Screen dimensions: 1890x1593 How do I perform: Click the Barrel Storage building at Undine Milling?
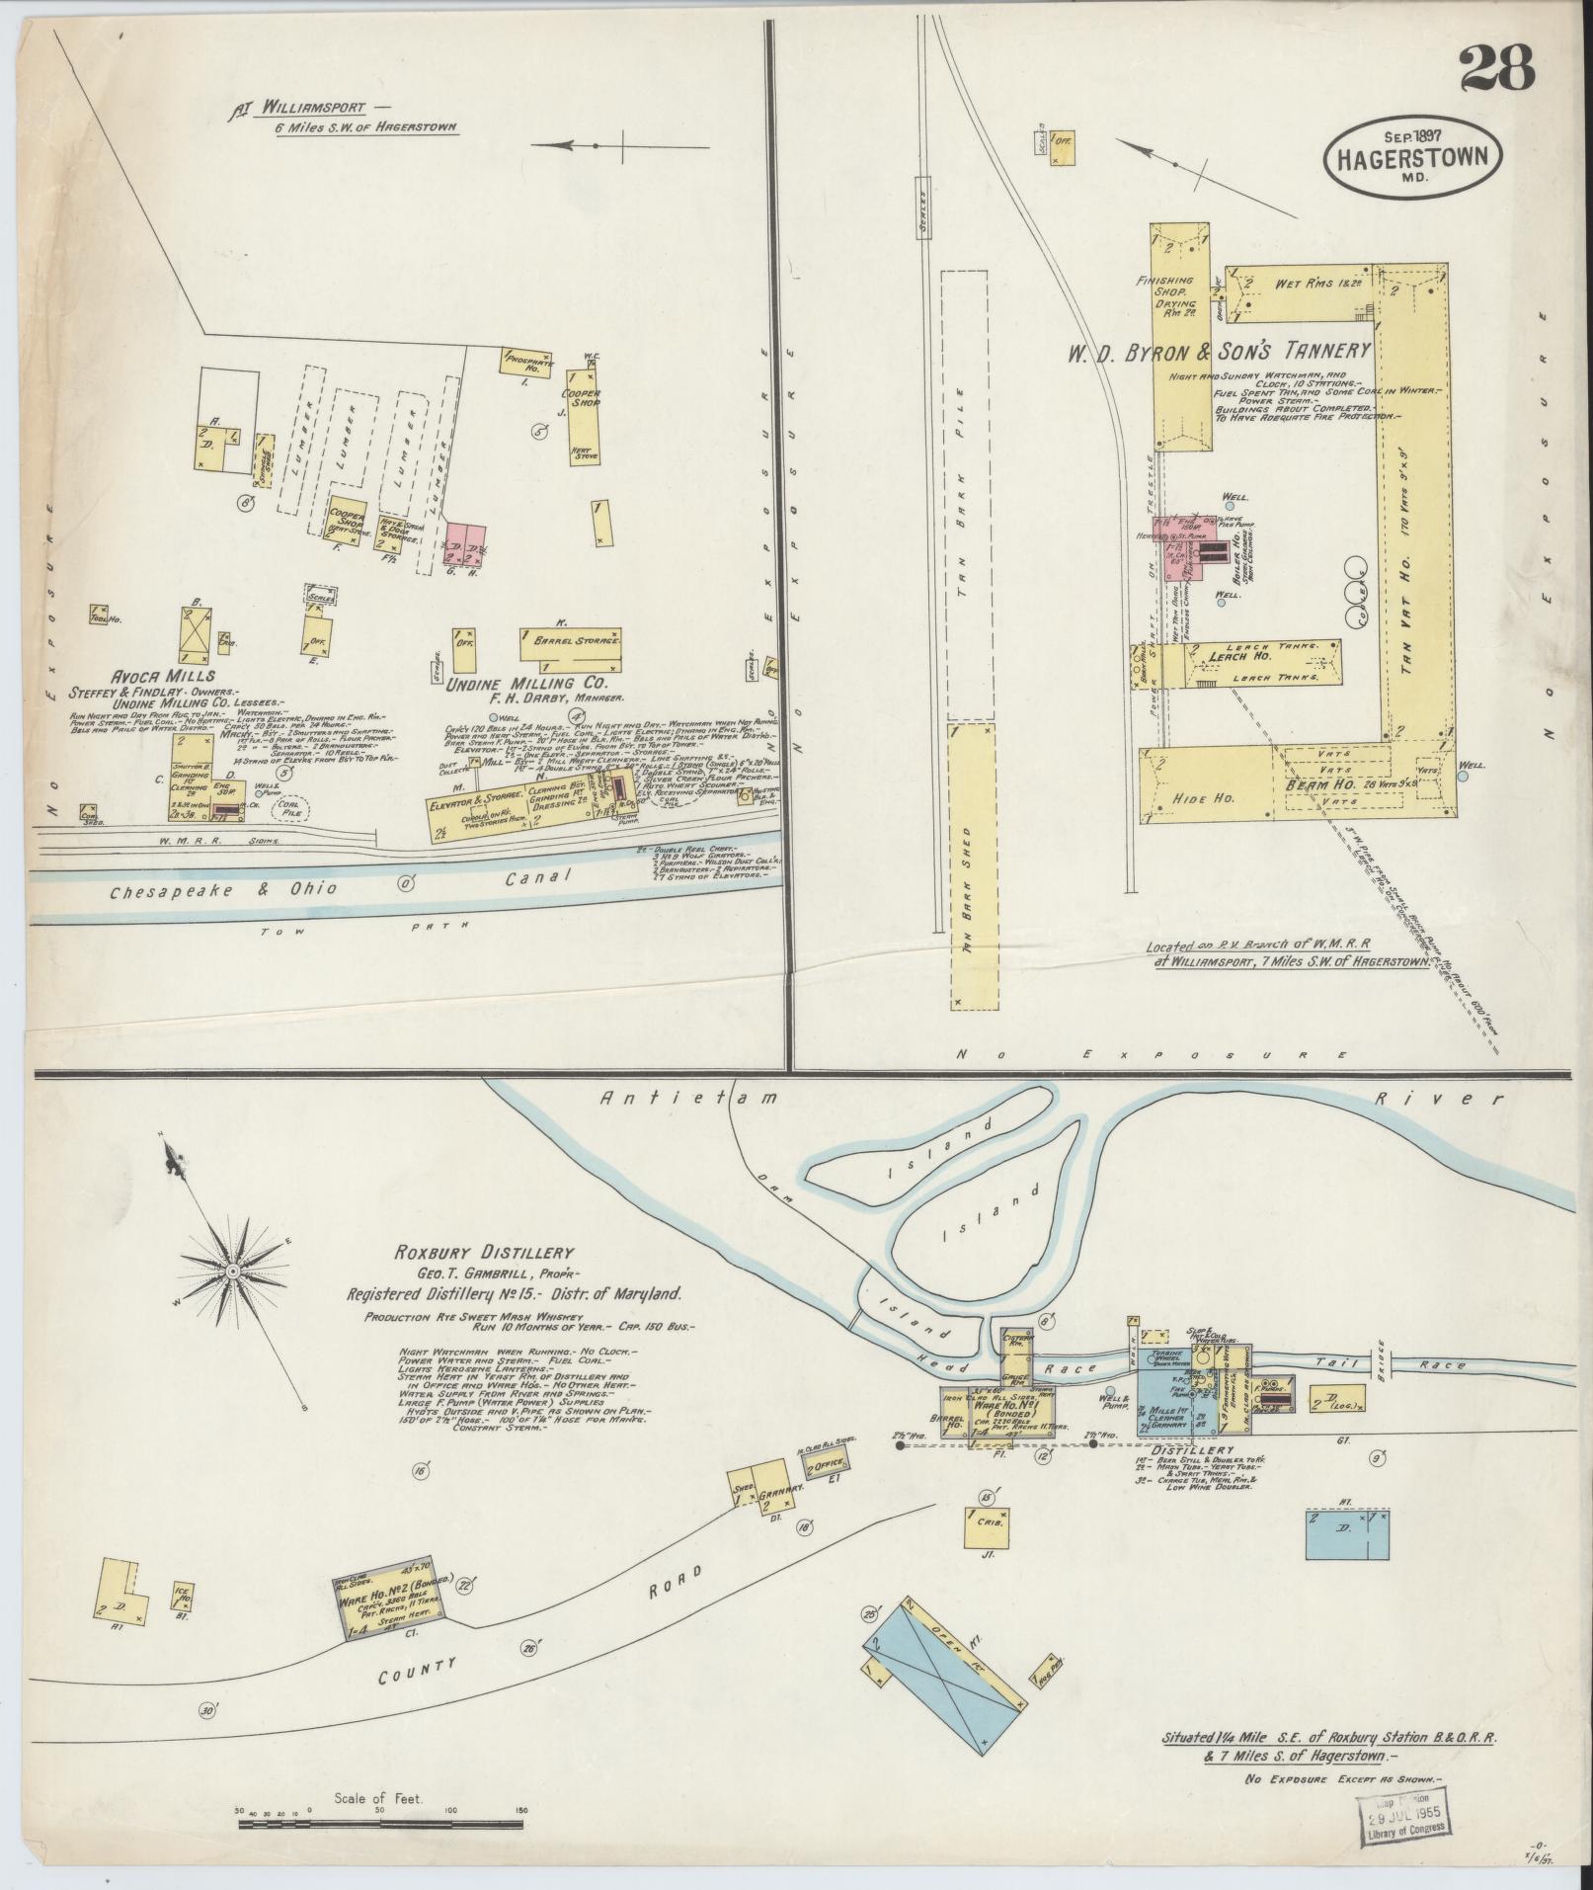pyautogui.click(x=573, y=643)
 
